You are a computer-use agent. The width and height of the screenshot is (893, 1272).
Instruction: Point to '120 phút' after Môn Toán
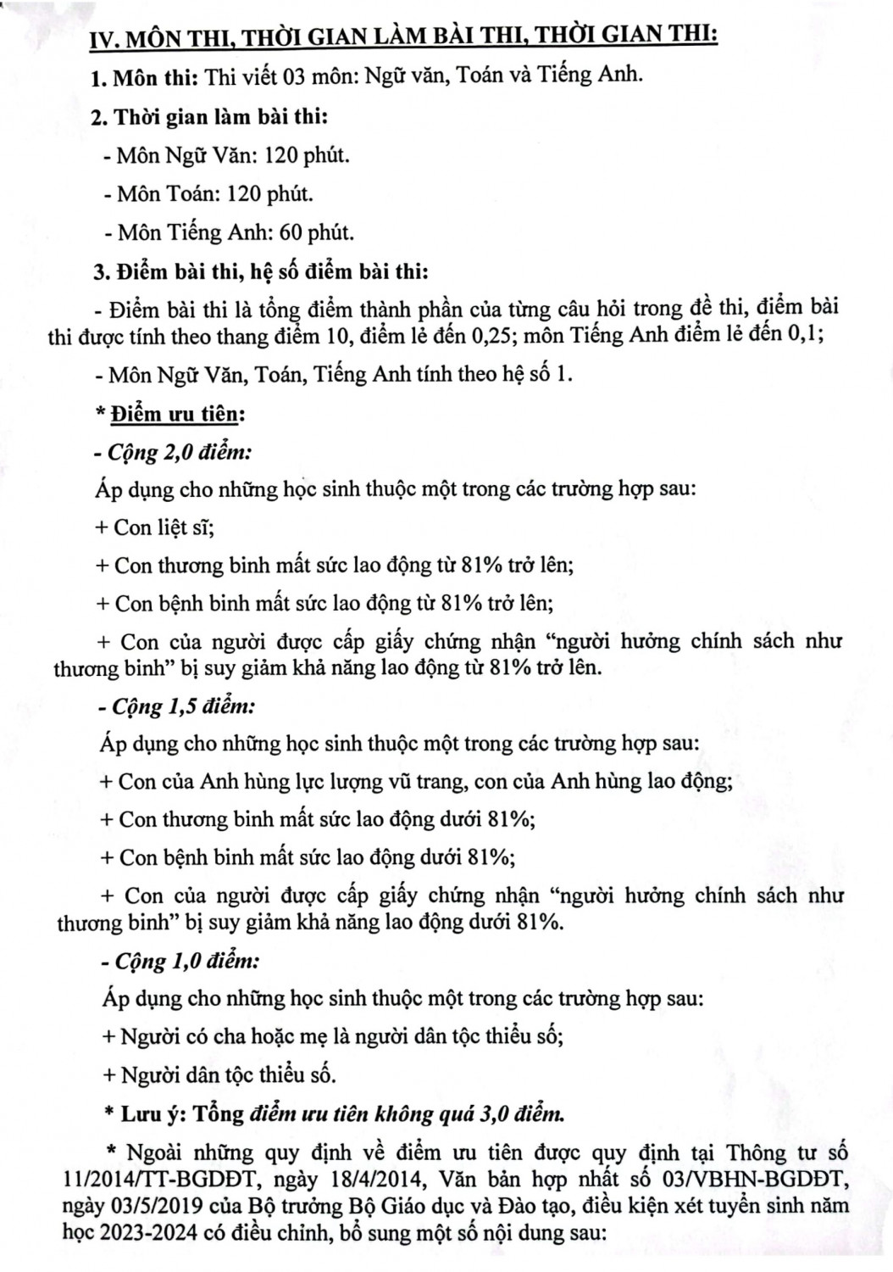pyautogui.click(x=269, y=193)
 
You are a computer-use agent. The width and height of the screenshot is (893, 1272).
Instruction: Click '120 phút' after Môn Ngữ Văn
pyautogui.click(x=307, y=155)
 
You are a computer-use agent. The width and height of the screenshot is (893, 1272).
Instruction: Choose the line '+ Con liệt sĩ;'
pyautogui.click(x=155, y=527)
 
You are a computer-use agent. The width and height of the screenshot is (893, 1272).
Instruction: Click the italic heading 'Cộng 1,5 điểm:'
pyautogui.click(x=180, y=706)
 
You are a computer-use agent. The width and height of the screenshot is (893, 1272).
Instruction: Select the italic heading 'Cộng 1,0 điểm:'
pyautogui.click(x=182, y=961)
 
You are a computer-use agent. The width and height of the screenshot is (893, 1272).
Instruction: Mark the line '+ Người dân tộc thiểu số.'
pyautogui.click(x=219, y=1075)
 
